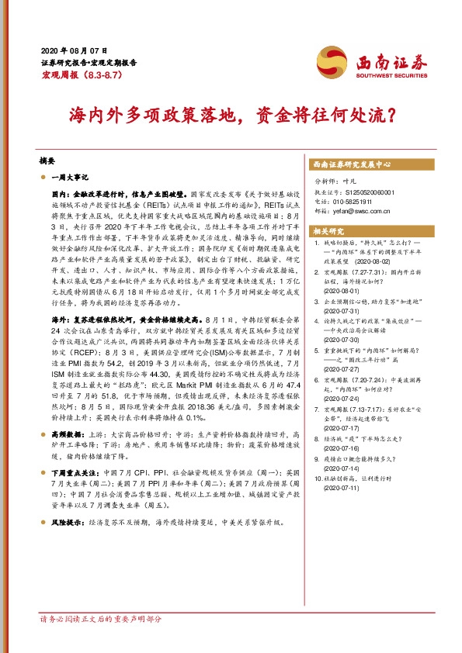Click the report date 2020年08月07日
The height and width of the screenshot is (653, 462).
click(x=68, y=49)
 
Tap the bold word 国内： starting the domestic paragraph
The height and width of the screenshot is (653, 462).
click(x=62, y=190)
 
